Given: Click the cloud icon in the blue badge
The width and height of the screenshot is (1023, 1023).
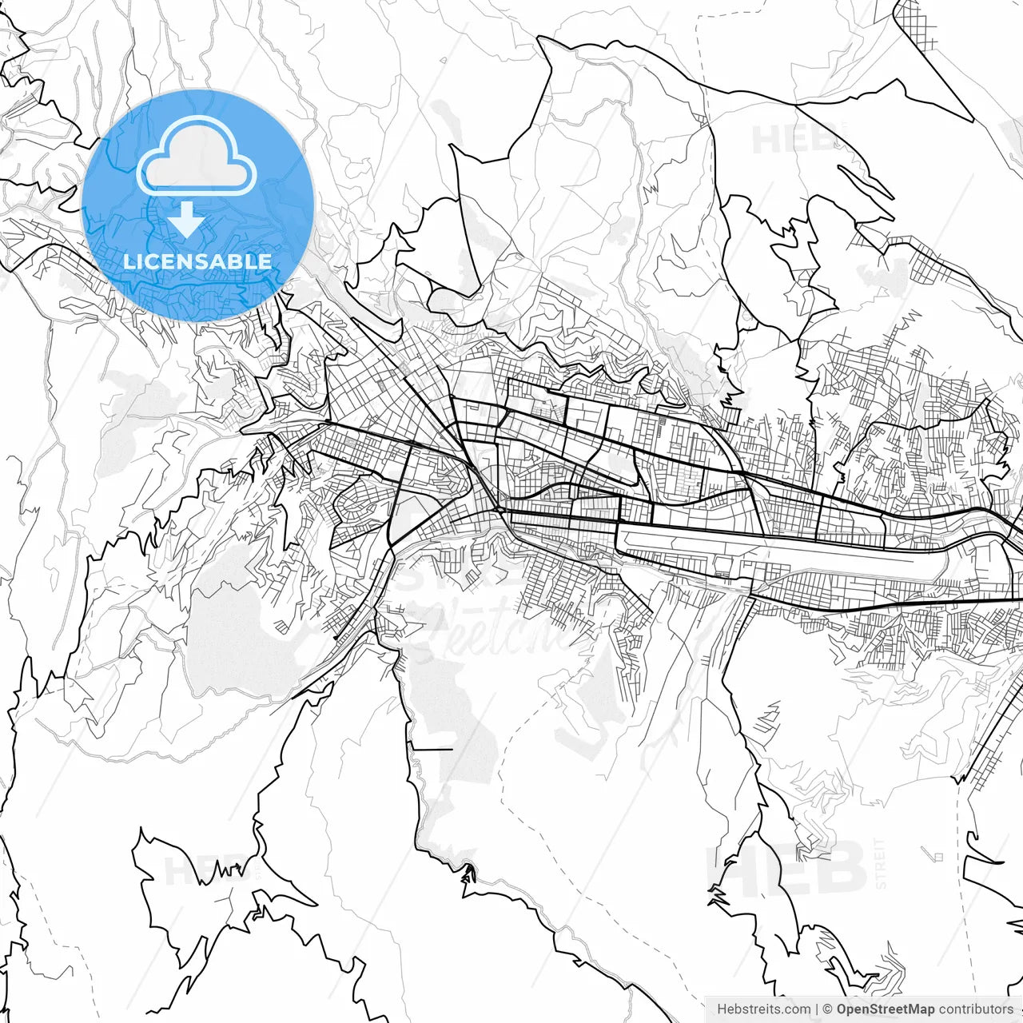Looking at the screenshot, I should point(196,156).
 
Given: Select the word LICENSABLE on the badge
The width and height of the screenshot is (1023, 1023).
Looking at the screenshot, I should point(197,261).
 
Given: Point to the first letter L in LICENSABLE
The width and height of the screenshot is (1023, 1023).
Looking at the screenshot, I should point(128,261).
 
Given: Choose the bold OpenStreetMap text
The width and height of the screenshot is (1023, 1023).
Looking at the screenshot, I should point(886,1009).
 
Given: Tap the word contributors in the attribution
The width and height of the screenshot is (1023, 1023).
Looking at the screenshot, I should point(976,1009).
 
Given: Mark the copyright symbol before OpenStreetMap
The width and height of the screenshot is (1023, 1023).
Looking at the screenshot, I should point(828,1009).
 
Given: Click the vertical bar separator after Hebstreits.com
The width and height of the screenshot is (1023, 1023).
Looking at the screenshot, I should point(817,1009).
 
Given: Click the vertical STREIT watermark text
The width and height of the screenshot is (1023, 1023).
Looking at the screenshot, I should point(881,863).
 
